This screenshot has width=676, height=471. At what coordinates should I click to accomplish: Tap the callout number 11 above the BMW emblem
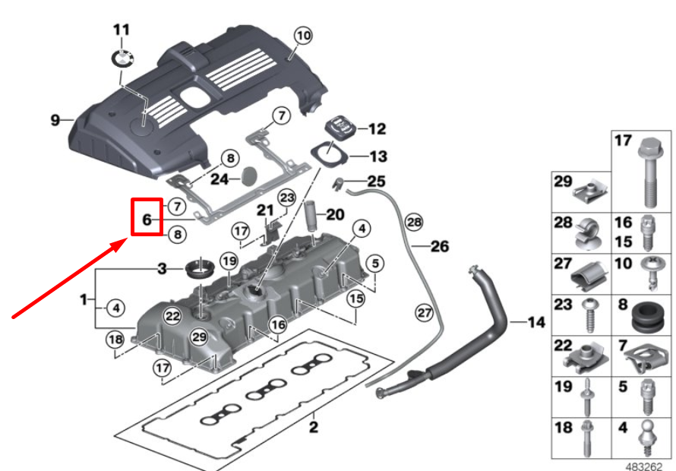[x=122, y=30]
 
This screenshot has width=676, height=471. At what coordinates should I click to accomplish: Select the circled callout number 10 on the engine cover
[x=302, y=35]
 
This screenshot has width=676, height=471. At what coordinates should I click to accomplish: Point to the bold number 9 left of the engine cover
[x=55, y=120]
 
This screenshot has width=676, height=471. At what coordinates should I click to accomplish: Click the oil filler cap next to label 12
[x=337, y=126]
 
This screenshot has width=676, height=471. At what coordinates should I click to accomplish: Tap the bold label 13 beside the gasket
[x=377, y=157]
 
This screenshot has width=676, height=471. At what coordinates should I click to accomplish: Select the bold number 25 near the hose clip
[x=377, y=182]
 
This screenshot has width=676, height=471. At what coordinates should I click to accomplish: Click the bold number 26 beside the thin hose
[x=440, y=246]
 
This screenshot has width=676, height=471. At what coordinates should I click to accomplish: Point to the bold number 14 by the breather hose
[x=536, y=323]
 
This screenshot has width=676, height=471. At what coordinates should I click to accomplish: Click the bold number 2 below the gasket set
[x=313, y=427]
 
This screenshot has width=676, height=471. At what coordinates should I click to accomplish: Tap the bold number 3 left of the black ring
[x=161, y=269]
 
